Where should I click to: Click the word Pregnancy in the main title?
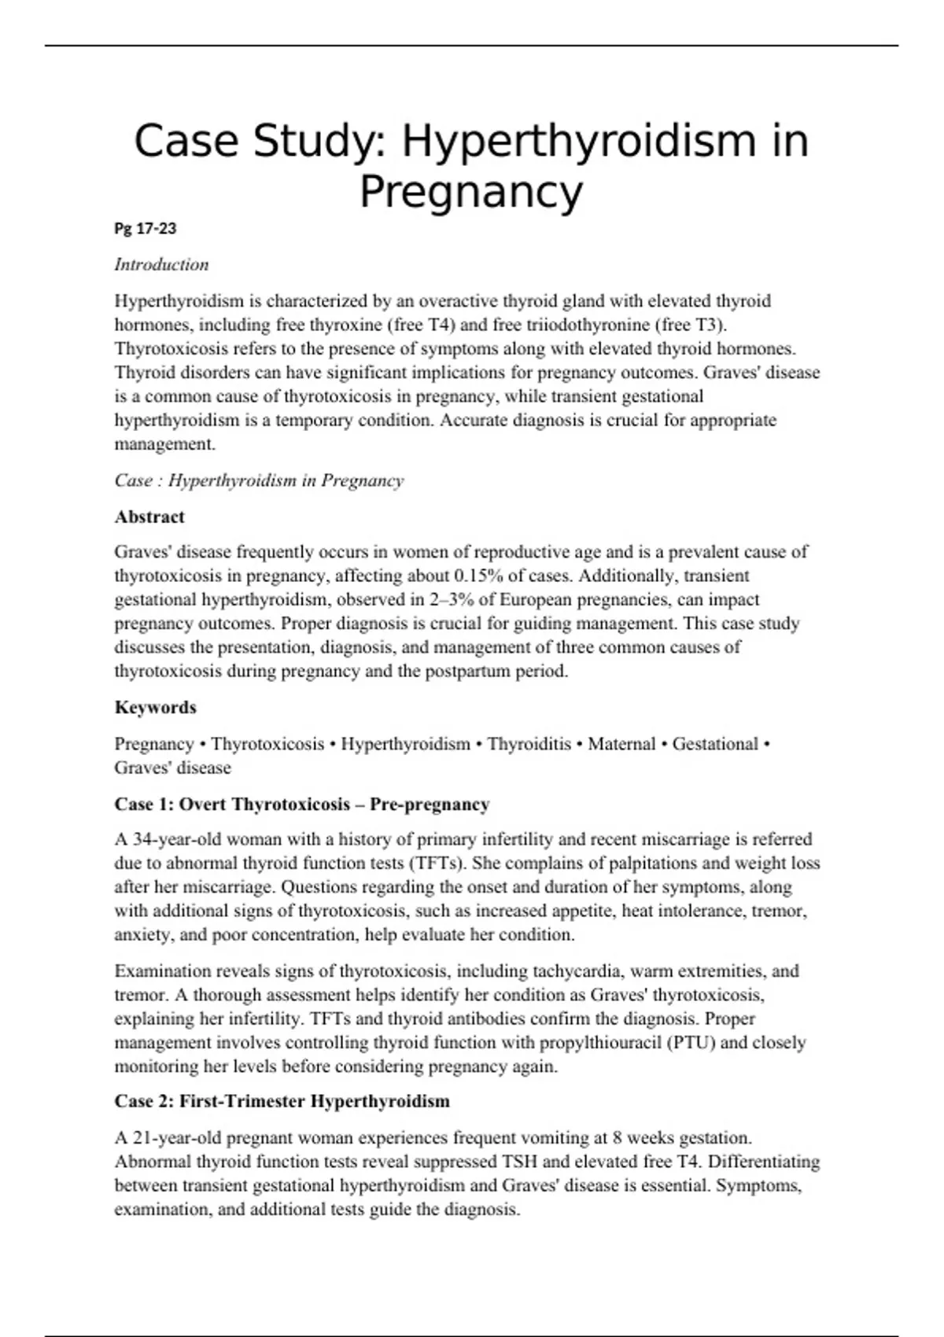coord(471,191)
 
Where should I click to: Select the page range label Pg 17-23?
coord(146,229)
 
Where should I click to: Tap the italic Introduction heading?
coord(161,264)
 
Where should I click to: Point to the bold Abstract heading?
coord(149,517)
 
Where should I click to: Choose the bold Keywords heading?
coord(155,707)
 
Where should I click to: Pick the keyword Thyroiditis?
coord(529,744)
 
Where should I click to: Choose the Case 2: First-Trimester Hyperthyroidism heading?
coord(282,1101)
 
